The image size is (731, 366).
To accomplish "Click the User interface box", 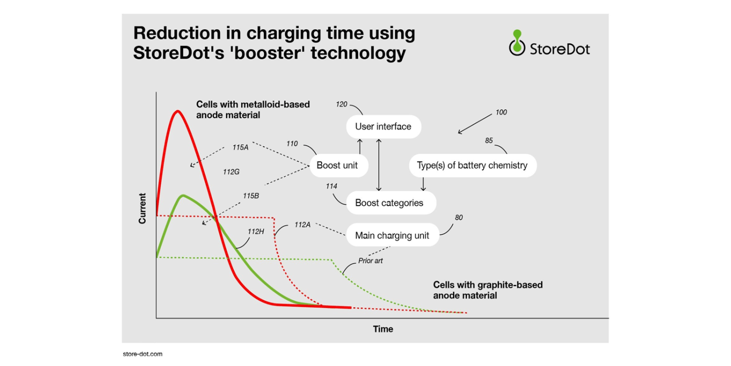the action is (383, 127).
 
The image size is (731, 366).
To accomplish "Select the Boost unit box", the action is (339, 165).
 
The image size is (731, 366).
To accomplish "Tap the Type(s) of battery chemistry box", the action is (473, 165).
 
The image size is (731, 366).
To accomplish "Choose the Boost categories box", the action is (391, 203).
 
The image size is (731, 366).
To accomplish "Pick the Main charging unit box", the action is (393, 235).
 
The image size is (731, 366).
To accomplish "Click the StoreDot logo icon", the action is (517, 42).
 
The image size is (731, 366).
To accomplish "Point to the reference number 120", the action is (341, 104).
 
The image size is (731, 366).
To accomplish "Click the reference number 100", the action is (501, 112).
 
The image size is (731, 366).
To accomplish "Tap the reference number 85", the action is (489, 141).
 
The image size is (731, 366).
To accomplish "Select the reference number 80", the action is (459, 218).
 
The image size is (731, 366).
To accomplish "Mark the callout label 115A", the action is (241, 147).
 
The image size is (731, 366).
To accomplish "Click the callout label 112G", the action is (231, 172).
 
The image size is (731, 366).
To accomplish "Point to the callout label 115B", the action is (251, 196).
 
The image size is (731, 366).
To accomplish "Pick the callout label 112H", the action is (256, 232).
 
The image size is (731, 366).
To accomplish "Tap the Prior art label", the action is (370, 261).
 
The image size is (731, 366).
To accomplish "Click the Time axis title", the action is (383, 329).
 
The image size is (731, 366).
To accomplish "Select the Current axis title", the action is (142, 209).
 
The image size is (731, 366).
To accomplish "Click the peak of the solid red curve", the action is (178, 111).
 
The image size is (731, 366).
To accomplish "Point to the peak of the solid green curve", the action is (183, 196).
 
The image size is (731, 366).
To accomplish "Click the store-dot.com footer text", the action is (143, 354).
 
